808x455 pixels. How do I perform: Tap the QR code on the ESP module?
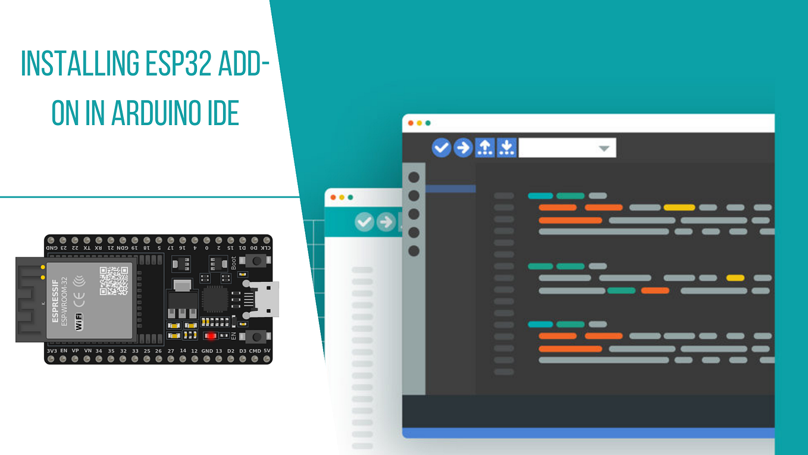pos(113,281)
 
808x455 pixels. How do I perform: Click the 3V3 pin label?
pos(51,351)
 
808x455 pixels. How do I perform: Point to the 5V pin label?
pos(267,351)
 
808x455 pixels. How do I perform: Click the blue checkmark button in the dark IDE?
pos(441,148)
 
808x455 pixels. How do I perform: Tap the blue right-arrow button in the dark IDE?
pos(463,148)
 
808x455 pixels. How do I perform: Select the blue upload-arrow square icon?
pos(485,148)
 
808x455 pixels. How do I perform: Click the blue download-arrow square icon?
pos(506,148)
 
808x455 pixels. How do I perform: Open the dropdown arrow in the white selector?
pos(604,148)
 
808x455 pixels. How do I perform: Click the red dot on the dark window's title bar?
pos(411,123)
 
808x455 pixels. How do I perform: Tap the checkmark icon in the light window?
pos(364,222)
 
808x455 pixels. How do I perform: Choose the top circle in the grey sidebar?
pos(414,177)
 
